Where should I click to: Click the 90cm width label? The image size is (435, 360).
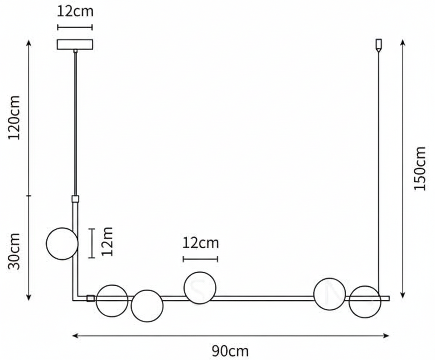(230, 350)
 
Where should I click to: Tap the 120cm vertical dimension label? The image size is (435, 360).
(15, 118)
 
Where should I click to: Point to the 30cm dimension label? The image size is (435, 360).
(15, 251)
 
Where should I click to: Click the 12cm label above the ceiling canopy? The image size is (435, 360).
(75, 11)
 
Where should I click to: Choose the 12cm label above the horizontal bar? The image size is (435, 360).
(200, 243)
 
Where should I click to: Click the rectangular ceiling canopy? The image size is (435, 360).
(75, 44)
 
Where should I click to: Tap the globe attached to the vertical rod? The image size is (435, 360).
(62, 244)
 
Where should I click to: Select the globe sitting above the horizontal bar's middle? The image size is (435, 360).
(200, 288)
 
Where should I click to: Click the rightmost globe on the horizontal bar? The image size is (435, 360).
(365, 301)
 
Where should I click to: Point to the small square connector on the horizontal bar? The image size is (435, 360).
(91, 298)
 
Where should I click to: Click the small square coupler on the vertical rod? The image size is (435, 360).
(75, 199)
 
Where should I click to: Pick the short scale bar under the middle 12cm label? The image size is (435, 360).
(200, 259)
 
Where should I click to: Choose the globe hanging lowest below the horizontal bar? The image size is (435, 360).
(147, 306)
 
